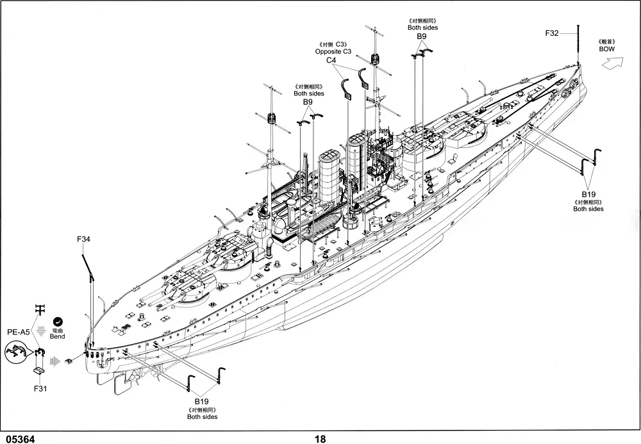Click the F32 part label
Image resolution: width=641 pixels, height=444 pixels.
tap(551, 33)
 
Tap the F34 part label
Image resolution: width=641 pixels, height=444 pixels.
tap(83, 240)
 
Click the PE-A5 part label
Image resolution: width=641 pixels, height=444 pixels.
tap(18, 332)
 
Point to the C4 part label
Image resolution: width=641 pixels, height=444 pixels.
tap(331, 60)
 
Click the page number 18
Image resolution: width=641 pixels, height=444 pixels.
tap(320, 439)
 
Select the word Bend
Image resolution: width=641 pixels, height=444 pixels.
tap(58, 336)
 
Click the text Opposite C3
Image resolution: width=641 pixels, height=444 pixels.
tap(334, 51)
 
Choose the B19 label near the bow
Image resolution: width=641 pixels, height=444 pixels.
tap(588, 193)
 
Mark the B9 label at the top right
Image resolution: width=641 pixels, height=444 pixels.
tap(422, 37)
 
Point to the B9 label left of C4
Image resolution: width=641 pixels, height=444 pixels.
tap(308, 102)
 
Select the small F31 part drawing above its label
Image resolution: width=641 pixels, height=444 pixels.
tap(39, 370)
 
